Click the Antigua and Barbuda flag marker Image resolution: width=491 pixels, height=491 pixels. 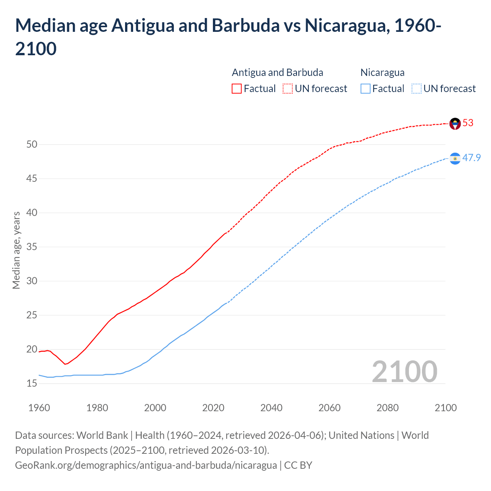(455, 124)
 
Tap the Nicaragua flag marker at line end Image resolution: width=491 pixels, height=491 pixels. (455, 158)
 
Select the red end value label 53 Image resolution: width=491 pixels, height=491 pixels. (468, 123)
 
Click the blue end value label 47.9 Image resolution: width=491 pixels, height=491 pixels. (471, 158)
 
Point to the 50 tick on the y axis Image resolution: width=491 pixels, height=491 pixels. (32, 145)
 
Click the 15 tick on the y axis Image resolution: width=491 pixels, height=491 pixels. (32, 383)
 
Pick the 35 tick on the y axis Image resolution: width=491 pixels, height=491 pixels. (32, 247)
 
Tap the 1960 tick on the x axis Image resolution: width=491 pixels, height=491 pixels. (39, 408)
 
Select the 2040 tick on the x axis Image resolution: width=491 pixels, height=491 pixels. (271, 408)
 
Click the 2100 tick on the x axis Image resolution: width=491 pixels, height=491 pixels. (445, 408)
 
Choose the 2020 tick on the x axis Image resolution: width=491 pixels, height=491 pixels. (213, 408)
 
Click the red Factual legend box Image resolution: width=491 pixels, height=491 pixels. (237, 89)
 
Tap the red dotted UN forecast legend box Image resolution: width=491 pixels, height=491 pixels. (288, 89)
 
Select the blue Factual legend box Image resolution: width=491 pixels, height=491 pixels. (366, 89)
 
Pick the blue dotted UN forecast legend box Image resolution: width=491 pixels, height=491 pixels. (417, 89)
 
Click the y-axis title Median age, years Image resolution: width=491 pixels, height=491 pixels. (16, 250)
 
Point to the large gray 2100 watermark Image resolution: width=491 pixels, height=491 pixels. (405, 371)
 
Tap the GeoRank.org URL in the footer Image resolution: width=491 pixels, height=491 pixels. (146, 465)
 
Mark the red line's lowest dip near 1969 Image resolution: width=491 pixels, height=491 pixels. (65, 364)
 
